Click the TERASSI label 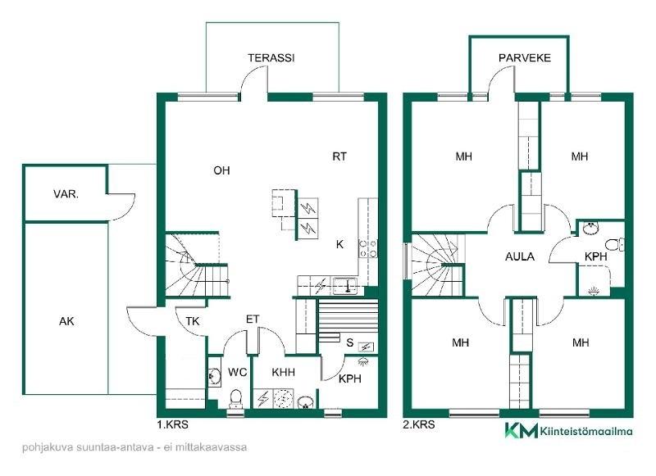pyautogui.click(x=271, y=57)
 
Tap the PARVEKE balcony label pyautogui.click(x=525, y=57)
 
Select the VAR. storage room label pyautogui.click(x=66, y=194)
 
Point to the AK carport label pyautogui.click(x=66, y=321)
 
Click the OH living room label pyautogui.click(x=221, y=170)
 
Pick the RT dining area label pyautogui.click(x=339, y=156)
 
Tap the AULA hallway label pyautogui.click(x=520, y=256)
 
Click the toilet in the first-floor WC pyautogui.click(x=236, y=398)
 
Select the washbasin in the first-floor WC pyautogui.click(x=215, y=375)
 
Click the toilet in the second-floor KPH pyautogui.click(x=614, y=244)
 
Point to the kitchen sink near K pyautogui.click(x=345, y=286)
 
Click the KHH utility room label pyautogui.click(x=283, y=372)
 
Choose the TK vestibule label pyautogui.click(x=193, y=321)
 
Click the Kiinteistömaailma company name pyautogui.click(x=586, y=431)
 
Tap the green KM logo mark pyautogui.click(x=521, y=430)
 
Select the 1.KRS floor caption pyautogui.click(x=172, y=424)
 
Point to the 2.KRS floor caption pyautogui.click(x=419, y=424)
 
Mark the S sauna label pyautogui.click(x=350, y=342)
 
